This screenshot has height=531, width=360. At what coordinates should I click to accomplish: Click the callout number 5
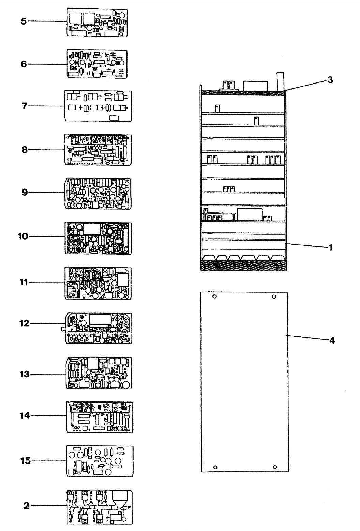tap(23, 21)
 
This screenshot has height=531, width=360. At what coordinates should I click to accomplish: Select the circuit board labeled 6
tap(97, 64)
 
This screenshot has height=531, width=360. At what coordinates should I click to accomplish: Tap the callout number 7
tap(24, 106)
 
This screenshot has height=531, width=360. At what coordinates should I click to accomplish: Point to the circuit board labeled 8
tap(98, 149)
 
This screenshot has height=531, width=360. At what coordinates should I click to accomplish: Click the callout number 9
tap(25, 193)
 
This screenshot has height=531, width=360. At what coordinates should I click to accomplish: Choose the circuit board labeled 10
tap(98, 238)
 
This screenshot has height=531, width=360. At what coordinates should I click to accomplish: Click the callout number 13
tap(25, 375)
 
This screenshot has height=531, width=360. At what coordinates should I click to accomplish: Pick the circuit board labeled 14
tap(99, 416)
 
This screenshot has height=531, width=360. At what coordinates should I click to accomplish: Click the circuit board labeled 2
tap(99, 507)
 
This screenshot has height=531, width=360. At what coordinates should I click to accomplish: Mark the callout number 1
tap(330, 247)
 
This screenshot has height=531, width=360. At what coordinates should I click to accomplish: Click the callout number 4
tap(332, 340)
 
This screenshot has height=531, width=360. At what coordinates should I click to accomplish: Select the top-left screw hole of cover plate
tap(214, 297)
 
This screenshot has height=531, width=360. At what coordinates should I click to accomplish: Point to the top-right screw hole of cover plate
tap(274, 297)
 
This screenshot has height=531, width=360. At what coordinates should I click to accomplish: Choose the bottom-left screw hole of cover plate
tap(215, 467)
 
